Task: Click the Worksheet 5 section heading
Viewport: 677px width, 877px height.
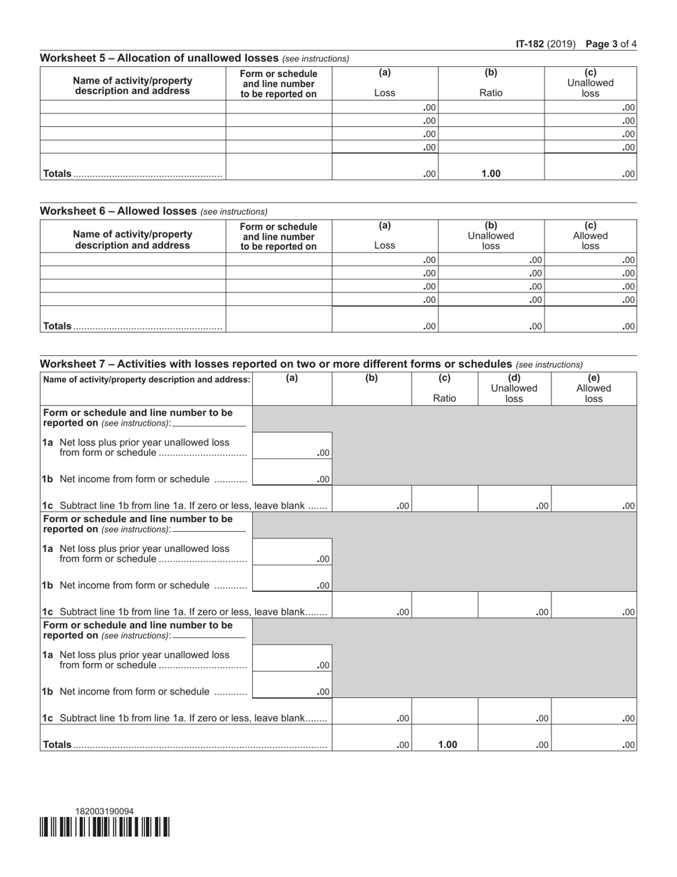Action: [x=160, y=58]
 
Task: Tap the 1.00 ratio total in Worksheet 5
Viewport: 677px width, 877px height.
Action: [x=491, y=173]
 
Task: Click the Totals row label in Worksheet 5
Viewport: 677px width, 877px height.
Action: [x=58, y=173]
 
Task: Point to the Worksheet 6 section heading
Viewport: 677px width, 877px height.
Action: [x=118, y=211]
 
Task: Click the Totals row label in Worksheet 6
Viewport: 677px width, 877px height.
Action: [x=58, y=326]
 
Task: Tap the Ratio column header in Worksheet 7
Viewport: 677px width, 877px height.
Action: [x=445, y=398]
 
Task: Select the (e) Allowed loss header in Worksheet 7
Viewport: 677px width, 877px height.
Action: [x=594, y=389]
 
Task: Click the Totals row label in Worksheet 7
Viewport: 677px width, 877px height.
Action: [x=58, y=744]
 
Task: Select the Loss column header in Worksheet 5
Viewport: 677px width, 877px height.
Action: [x=385, y=93]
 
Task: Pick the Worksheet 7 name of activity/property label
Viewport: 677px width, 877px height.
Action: [x=147, y=379]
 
